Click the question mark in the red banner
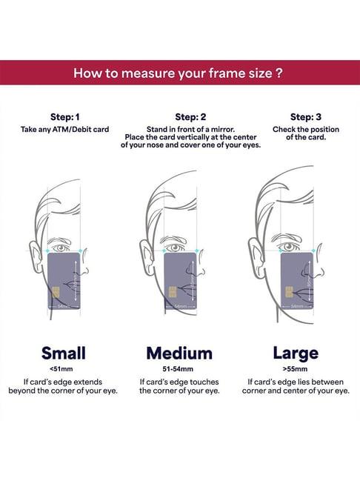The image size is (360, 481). (x=279, y=73)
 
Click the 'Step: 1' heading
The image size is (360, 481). (x=65, y=117)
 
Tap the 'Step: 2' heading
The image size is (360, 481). (x=190, y=117)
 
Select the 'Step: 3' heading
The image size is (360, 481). (x=306, y=117)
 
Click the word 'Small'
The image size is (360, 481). (x=64, y=353)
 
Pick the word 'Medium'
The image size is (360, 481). (x=179, y=353)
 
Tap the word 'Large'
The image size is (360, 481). (x=296, y=354)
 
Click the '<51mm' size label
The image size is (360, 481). (x=61, y=369)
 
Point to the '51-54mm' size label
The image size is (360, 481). (x=178, y=369)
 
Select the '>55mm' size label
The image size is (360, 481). (x=295, y=369)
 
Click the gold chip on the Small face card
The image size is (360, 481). (x=56, y=292)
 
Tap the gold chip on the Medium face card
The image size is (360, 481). (x=173, y=292)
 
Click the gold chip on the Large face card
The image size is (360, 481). (x=289, y=292)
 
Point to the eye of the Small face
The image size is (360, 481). (x=61, y=248)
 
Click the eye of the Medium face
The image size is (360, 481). (x=175, y=248)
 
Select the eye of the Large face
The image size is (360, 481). (x=289, y=246)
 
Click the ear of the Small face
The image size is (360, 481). (x=36, y=257)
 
